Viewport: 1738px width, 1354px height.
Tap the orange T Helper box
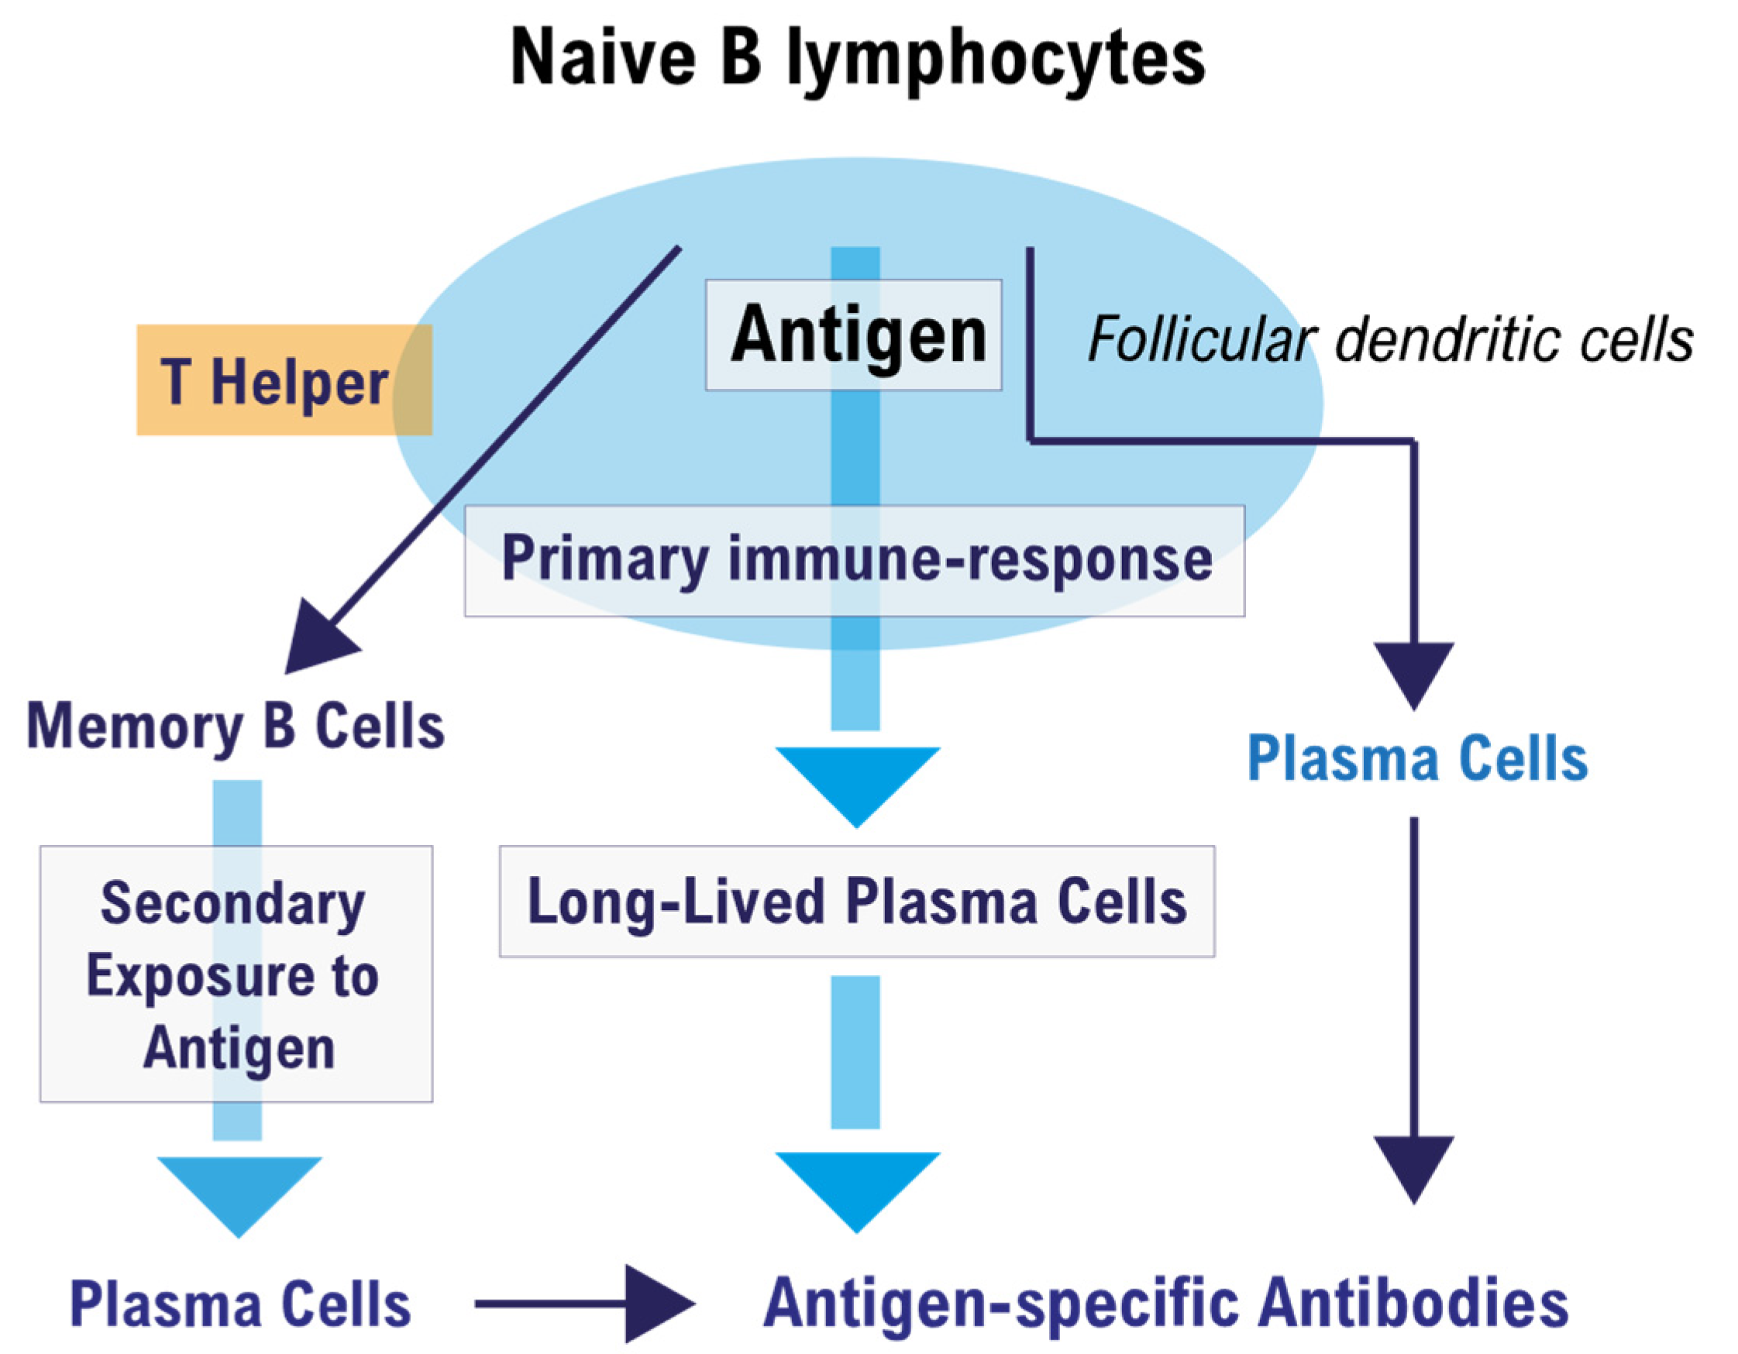[284, 380]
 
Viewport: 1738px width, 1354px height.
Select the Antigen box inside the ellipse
[853, 335]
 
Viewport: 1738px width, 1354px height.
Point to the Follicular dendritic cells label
[1390, 340]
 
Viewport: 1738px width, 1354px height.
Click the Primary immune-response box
[855, 561]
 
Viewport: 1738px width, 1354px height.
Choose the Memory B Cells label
[236, 727]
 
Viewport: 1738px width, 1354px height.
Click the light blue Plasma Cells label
[1417, 758]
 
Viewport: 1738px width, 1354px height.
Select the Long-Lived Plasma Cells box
[857, 902]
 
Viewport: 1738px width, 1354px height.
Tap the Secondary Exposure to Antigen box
[236, 974]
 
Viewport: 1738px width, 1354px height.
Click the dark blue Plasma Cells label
[240, 1304]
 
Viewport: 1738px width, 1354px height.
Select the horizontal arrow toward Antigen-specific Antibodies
[585, 1304]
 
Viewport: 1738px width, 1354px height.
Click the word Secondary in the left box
[232, 906]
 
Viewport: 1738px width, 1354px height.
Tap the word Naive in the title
[603, 57]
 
